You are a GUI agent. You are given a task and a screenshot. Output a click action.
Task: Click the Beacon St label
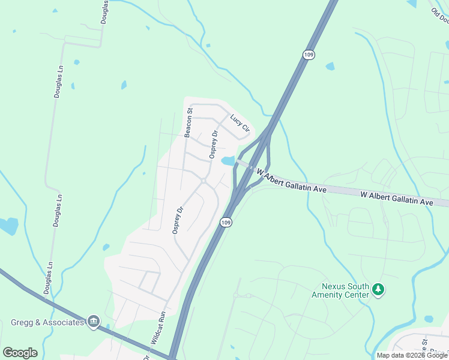point(188,122)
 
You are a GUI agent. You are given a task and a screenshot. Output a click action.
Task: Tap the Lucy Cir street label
point(240,125)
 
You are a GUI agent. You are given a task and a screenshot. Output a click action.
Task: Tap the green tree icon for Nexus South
point(378,290)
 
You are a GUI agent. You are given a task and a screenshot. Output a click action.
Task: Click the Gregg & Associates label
point(47,322)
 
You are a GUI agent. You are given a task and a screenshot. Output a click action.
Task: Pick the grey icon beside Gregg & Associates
point(93,322)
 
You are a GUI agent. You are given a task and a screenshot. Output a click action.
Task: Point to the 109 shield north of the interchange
point(309,55)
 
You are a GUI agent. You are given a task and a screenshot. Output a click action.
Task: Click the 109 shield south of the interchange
point(226,222)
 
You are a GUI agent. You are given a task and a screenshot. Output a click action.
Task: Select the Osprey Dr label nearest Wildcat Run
point(177,221)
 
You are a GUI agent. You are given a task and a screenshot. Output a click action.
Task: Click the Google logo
point(20,353)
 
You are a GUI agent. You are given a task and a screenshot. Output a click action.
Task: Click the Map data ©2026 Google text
point(412,355)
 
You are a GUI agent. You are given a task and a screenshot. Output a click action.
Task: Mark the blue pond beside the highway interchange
point(228,161)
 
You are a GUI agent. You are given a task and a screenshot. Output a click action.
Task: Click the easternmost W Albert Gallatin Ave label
point(397,199)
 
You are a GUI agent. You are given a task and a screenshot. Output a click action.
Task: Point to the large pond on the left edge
point(8,226)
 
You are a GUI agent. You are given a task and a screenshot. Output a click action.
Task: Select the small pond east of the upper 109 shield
point(330,66)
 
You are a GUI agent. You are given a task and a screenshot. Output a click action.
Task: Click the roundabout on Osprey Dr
point(204,181)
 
